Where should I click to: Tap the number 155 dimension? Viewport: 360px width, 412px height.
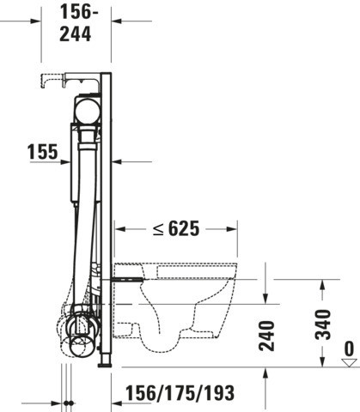[x=43, y=152]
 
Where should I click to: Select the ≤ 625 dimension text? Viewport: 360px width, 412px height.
[x=176, y=228]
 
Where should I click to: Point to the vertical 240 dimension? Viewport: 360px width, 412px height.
[x=266, y=336]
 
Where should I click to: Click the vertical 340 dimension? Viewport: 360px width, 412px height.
[x=323, y=324]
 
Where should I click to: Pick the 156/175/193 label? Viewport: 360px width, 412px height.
[x=180, y=393]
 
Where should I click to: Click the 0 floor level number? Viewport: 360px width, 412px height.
[x=349, y=348]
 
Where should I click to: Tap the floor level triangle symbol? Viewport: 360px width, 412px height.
[x=349, y=362]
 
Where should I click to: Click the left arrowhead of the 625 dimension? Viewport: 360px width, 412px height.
[x=120, y=229]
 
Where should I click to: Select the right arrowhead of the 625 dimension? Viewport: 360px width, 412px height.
[x=231, y=229]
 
